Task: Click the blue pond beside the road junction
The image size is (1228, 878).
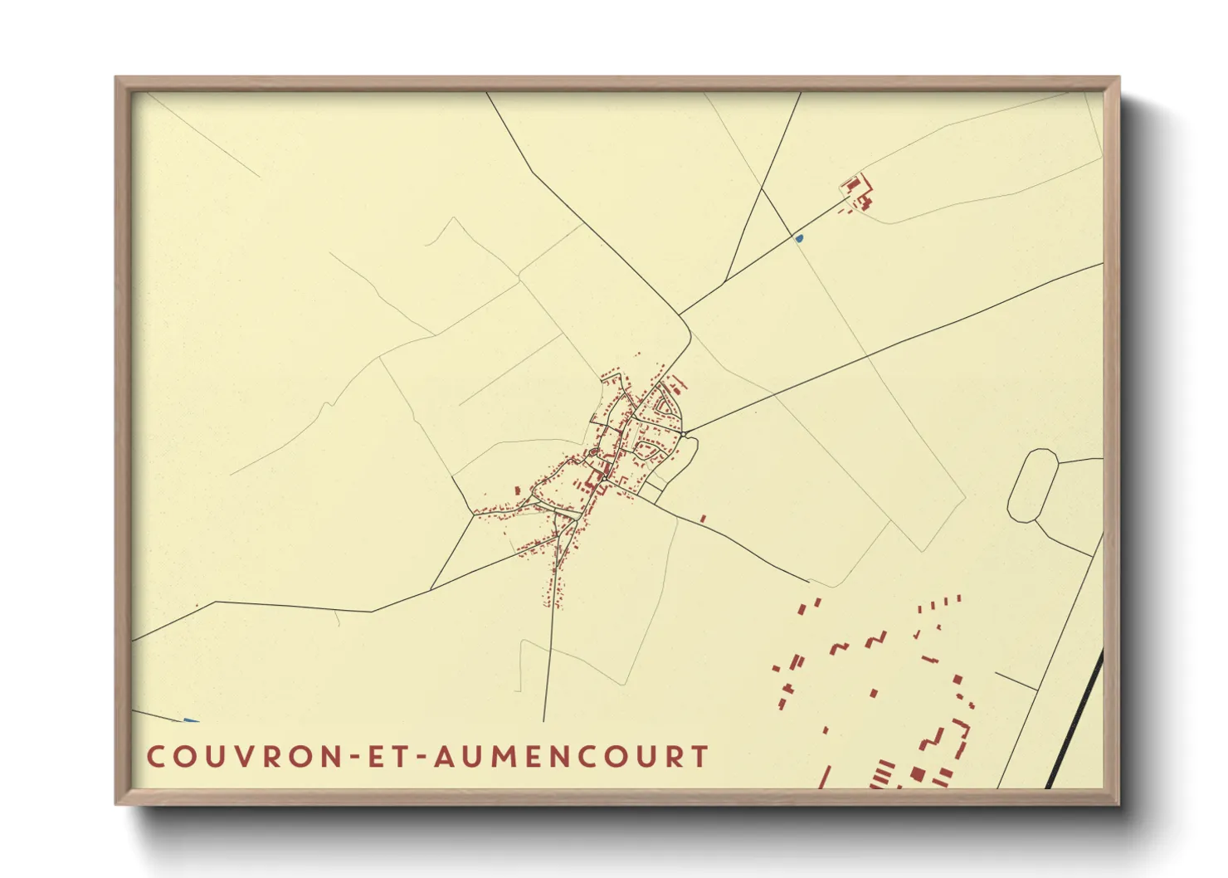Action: click(799, 239)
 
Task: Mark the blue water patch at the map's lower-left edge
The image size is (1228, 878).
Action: click(191, 719)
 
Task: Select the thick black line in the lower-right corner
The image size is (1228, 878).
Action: click(1075, 719)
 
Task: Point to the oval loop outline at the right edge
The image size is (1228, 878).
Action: click(1033, 485)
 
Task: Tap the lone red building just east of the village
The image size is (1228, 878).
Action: click(703, 519)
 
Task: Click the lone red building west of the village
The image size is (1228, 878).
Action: click(518, 490)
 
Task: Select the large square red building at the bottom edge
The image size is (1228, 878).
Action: click(917, 773)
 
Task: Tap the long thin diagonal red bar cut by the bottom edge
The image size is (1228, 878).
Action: click(825, 777)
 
